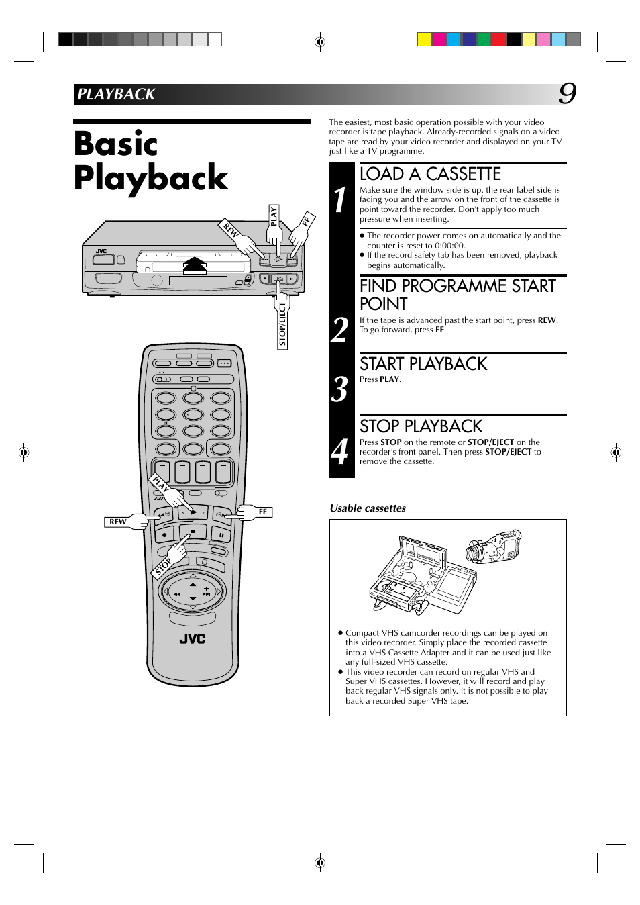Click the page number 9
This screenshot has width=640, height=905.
pos(568,95)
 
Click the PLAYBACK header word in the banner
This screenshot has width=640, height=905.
pos(116,94)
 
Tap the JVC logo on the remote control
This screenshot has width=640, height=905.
pos(193,638)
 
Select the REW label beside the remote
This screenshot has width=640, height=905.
pos(117,522)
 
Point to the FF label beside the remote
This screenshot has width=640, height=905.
pos(262,512)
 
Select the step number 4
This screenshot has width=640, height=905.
pos(339,452)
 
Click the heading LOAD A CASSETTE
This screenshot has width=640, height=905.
pos(430,174)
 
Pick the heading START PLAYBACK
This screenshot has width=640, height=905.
pos(423,364)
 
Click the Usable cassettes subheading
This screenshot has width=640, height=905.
pos(368,508)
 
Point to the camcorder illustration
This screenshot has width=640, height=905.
pos(493,546)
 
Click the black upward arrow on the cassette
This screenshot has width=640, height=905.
pos(195,265)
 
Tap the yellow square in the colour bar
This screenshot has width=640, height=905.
pos(424,39)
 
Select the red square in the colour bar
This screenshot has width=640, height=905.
pos(498,39)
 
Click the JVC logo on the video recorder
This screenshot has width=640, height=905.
pos(101,251)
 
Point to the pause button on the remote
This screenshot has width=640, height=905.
pos(221,535)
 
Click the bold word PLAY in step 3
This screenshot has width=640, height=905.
pos(389,379)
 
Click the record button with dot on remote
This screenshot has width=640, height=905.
pos(164,534)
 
